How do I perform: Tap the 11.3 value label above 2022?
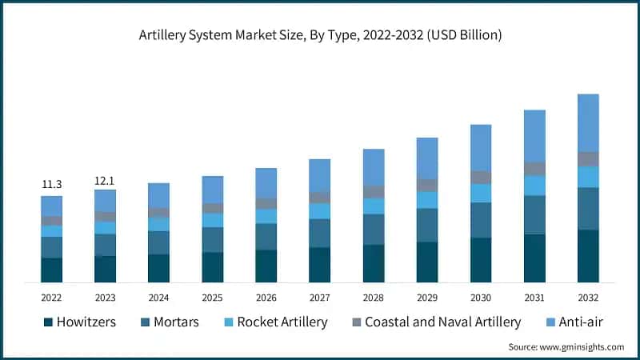52,184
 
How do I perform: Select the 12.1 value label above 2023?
105,181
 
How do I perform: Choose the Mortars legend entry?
169,322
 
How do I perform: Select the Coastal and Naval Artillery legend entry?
433,322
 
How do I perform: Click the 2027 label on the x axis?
319,297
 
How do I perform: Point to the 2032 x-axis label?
588,297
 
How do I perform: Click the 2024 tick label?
158,297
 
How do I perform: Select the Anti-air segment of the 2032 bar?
588,122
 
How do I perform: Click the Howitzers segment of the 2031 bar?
534,258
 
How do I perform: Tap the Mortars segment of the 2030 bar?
481,220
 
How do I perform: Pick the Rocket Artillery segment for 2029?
427,199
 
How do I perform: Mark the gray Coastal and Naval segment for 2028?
374,192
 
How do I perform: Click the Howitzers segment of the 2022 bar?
52,270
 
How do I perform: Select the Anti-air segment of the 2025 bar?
212,190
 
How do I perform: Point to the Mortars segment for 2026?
266,236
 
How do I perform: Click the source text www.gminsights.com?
566,346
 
